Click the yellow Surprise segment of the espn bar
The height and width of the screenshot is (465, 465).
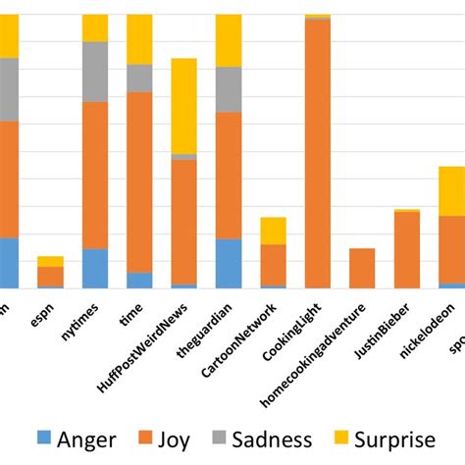50,261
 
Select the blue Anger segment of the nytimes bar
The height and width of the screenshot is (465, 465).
95,268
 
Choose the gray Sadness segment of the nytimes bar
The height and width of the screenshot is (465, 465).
95,72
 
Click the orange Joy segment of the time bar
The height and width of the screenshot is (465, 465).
139,181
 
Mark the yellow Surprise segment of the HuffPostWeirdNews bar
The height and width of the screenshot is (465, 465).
184,106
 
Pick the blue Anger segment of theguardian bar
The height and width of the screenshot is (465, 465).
229,263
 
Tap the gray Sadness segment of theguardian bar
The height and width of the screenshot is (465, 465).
229,89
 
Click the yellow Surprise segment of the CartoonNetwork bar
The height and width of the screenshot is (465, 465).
273,231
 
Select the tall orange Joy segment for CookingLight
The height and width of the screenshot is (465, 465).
318,153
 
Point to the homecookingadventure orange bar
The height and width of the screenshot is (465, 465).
362,268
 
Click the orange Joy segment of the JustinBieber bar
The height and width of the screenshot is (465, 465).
407,250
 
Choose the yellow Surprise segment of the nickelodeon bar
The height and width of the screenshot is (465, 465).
451,191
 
